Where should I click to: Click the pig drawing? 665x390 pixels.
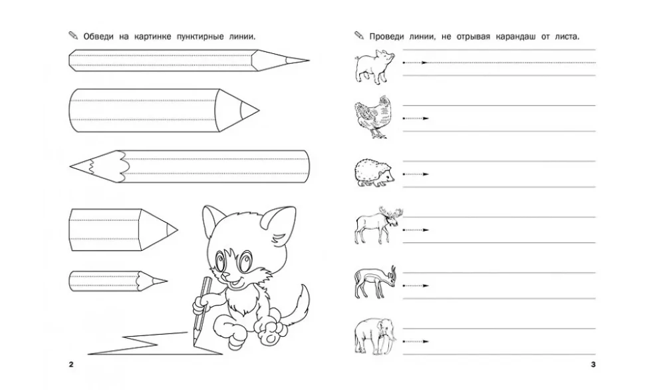[374, 66]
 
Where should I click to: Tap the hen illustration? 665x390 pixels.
[373, 116]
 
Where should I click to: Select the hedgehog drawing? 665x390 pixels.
[374, 173]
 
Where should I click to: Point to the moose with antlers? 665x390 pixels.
[378, 225]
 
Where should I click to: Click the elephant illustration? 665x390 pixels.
[374, 337]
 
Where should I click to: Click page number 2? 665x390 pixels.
[71, 365]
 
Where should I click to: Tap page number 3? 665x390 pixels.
[593, 365]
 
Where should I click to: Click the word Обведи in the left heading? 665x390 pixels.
[98, 37]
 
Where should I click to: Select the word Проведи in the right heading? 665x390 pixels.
[386, 37]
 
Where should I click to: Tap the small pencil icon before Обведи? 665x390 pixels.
[73, 36]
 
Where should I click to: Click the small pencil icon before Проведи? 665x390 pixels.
[359, 36]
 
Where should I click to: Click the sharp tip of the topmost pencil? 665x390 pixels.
[309, 61]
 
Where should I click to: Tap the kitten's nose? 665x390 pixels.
[229, 275]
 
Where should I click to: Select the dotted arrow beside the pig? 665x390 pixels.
[415, 63]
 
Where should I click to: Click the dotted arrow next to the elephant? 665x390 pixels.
[416, 341]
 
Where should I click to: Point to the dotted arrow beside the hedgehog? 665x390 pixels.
[416, 174]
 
